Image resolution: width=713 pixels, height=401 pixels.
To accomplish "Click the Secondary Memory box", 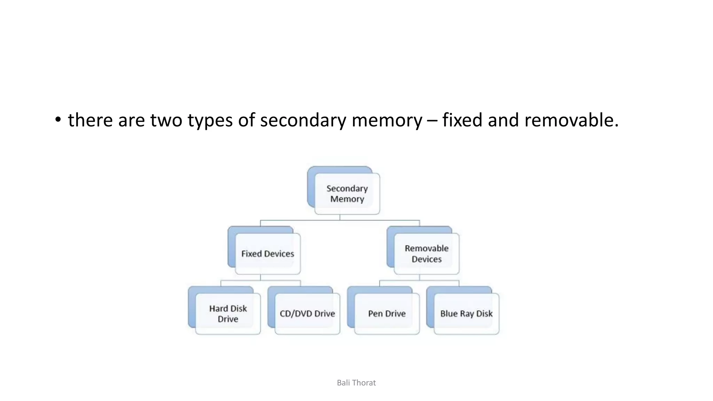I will (347, 193).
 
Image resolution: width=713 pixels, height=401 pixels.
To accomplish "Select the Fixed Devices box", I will (267, 253).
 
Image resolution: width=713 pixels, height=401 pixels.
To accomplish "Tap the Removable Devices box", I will (426, 253).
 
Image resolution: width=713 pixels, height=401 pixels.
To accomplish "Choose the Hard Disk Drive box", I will (228, 314).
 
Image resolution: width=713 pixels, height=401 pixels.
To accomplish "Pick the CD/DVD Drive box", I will (307, 314).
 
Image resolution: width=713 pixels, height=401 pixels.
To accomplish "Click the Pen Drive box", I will (386, 314).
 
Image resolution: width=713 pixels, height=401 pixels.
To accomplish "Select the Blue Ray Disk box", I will (466, 314).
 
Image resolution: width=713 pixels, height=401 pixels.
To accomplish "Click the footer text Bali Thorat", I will (356, 383).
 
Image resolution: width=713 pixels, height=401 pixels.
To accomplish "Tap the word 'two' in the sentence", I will (166, 120).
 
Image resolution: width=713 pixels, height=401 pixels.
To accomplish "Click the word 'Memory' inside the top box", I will (347, 199).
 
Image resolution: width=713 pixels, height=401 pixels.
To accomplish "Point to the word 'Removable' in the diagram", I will (426, 248).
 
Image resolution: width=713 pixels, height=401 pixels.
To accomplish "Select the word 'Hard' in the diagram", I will (218, 308).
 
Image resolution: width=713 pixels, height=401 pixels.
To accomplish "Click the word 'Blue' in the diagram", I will (449, 314).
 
